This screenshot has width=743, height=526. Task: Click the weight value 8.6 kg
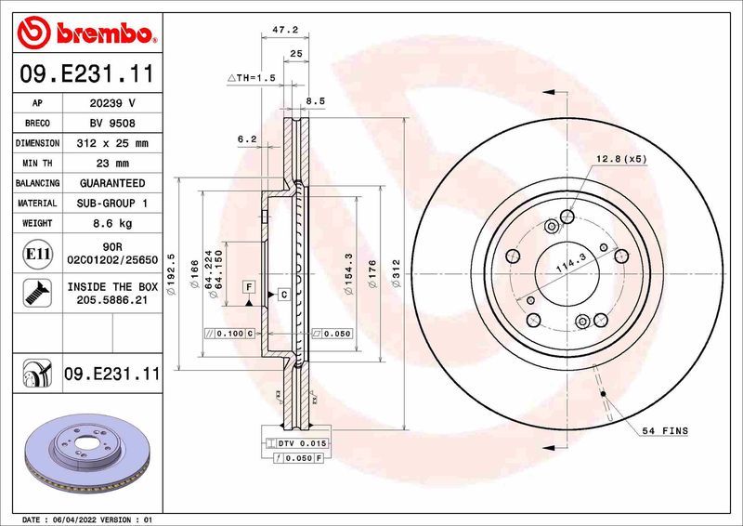tap(111, 223)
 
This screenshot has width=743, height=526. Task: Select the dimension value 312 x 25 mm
tap(111, 143)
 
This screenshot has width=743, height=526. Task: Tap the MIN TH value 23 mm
tap(111, 164)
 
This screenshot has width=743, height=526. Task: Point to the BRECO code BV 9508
tap(111, 124)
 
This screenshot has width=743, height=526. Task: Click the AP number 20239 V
tap(111, 103)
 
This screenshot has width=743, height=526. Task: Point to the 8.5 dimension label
tap(315, 100)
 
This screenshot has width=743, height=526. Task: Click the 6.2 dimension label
tap(246, 138)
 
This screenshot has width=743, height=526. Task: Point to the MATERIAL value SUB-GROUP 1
tap(111, 204)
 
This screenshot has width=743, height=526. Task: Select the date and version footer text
tap(85, 519)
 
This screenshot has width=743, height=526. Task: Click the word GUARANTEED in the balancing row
tap(111, 183)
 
